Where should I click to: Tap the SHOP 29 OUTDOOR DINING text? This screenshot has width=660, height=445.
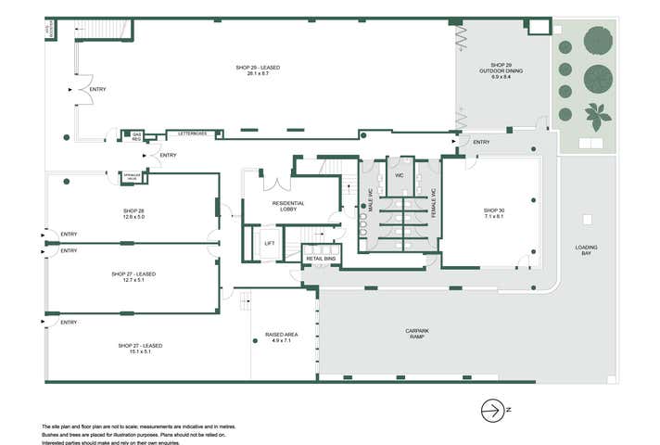click(x=495, y=71)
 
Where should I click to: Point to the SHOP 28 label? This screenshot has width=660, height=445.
click(x=134, y=211)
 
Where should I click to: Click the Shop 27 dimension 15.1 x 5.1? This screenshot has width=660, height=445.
click(x=140, y=352)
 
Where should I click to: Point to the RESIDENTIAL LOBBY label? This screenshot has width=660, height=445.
click(x=289, y=207)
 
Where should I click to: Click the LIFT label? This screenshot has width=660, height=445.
click(x=270, y=243)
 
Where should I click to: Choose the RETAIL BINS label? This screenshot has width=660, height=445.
click(x=321, y=258)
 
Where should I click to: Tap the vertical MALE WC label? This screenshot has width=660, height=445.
click(x=369, y=199)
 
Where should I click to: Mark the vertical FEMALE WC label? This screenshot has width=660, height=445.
click(x=433, y=202)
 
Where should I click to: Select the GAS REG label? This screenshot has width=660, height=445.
click(x=136, y=136)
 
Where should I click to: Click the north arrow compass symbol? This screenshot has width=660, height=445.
click(x=493, y=409)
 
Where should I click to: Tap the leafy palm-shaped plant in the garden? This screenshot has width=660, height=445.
click(x=596, y=115)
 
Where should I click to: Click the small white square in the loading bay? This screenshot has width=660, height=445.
click(x=586, y=219)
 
